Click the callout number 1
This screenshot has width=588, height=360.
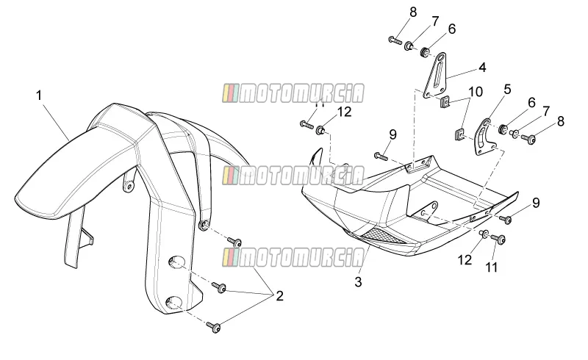(x=39, y=96)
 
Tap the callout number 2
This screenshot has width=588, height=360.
(x=279, y=296)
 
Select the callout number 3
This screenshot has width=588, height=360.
(x=358, y=282)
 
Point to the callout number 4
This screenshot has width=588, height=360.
(x=482, y=68)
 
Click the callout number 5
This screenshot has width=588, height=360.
(x=507, y=89)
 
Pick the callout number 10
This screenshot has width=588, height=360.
(x=476, y=92)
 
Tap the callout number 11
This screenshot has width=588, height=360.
(x=491, y=267)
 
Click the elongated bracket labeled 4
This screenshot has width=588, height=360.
(x=436, y=75)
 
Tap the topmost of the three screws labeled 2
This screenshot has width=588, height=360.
(x=234, y=241)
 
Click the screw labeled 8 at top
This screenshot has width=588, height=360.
(x=395, y=40)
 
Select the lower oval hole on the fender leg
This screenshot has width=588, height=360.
(x=175, y=302)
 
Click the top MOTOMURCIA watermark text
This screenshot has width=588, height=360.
(x=293, y=93)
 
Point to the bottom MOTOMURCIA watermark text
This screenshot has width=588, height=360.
(x=293, y=257)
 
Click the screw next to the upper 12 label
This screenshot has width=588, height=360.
(x=306, y=124)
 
